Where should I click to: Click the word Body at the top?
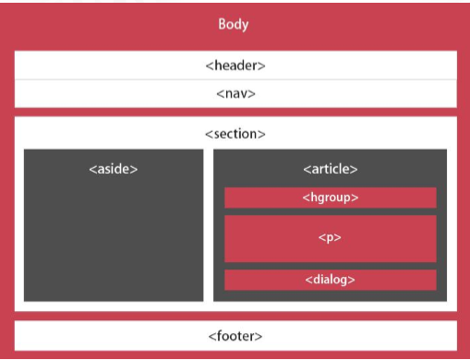[234, 24]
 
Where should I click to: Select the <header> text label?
[235, 66]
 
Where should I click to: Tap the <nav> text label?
[235, 93]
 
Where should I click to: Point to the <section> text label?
[235, 134]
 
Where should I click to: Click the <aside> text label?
[114, 170]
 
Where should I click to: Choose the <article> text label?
[330, 170]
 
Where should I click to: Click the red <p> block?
[388, 238]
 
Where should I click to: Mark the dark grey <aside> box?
[114, 240]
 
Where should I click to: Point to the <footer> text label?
[235, 335]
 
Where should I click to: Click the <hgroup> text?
[330, 198]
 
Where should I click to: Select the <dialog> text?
[330, 280]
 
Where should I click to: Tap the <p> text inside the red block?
[330, 238]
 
